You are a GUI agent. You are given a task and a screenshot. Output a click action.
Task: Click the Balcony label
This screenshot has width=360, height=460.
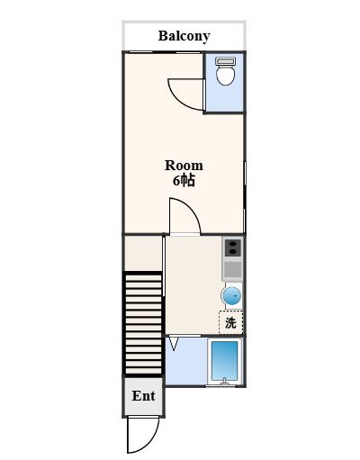[x=184, y=36]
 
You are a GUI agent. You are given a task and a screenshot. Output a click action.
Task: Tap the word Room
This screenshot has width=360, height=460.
[x=184, y=166]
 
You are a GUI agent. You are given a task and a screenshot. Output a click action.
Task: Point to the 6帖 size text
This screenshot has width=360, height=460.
[x=184, y=181]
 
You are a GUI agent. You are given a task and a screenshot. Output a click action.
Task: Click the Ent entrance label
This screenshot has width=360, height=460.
[x=143, y=396]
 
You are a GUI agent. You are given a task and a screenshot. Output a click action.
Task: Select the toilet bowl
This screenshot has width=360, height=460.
[x=225, y=75]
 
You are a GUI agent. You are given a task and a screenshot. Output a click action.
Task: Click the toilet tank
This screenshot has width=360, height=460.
[x=225, y=61]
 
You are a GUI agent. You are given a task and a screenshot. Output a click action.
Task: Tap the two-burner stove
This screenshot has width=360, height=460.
[x=233, y=248]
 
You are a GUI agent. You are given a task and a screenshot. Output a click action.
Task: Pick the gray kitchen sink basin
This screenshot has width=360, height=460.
[x=233, y=269]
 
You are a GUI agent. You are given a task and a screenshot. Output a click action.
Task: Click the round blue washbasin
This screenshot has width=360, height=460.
[x=231, y=296]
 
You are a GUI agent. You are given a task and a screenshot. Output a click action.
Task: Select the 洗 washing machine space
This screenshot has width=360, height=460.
[x=230, y=322]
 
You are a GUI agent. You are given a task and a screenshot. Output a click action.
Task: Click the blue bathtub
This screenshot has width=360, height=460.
[x=225, y=360]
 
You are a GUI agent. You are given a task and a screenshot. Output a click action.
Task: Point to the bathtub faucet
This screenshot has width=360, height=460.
[x=224, y=381]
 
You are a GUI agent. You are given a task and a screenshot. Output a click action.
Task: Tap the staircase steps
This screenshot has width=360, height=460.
[x=143, y=324]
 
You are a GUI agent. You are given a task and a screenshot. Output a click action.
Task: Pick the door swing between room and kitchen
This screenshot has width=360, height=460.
[x=191, y=209]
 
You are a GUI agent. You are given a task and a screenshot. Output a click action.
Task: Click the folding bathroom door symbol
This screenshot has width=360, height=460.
[x=174, y=344]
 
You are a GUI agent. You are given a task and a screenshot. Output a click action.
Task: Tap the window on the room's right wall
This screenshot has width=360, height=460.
[x=245, y=197]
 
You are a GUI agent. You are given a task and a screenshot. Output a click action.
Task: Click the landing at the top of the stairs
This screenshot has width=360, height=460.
[x=143, y=254]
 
